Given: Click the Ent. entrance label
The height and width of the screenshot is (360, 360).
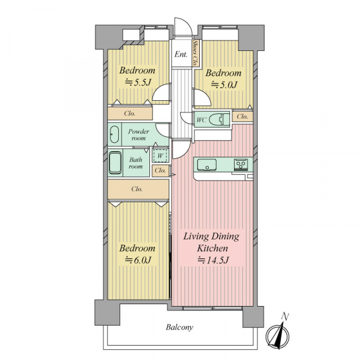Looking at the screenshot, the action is (181, 55).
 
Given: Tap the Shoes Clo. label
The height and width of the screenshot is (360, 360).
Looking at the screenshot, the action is (196, 53).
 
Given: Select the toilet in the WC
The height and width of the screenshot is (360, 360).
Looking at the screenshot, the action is (220, 119).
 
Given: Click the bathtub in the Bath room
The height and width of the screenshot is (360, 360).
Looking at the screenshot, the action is (115, 163).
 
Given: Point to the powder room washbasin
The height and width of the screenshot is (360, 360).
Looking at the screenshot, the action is (114, 134).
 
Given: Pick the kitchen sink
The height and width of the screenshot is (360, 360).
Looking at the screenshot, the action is (206, 165).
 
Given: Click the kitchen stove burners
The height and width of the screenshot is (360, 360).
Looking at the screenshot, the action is (241, 164).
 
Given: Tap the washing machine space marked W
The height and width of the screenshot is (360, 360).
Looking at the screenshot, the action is (160, 156).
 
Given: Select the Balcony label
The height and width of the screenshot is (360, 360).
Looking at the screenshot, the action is (179, 327).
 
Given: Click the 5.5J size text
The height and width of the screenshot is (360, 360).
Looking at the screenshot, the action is (138, 82).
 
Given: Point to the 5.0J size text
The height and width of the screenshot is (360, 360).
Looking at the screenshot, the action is (224, 85).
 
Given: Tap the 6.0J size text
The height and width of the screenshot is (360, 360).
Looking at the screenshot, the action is (138, 260).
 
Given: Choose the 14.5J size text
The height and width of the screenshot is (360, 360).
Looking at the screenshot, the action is (214, 260).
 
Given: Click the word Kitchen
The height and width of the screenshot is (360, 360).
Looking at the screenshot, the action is (212, 248).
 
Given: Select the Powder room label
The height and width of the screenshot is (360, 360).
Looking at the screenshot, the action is (139, 135).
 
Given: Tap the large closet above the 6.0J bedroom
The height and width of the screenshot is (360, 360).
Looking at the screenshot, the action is (138, 189).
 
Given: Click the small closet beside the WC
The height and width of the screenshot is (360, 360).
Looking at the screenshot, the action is (242, 116).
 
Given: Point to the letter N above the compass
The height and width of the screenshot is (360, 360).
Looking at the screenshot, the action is (285, 317).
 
